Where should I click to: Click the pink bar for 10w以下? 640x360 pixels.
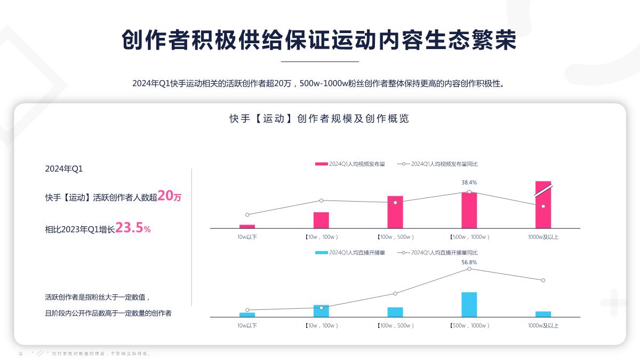tap(247, 226)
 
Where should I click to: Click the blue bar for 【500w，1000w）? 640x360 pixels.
tap(469, 305)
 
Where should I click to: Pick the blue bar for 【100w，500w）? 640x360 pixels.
tap(395, 312)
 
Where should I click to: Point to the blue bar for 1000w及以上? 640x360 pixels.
tap(543, 314)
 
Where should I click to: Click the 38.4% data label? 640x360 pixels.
tap(469, 182)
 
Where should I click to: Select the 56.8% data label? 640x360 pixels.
tap(469, 262)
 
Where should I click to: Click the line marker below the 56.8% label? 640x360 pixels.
tap(469, 269)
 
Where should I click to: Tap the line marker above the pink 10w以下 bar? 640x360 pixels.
tap(247, 214)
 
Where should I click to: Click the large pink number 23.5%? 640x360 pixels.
tap(133, 228)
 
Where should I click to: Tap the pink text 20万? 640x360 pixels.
tap(170, 196)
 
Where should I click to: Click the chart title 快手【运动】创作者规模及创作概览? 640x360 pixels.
tap(319, 119)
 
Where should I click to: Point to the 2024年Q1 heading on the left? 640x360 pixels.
tap(64, 169)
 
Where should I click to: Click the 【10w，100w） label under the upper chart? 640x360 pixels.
tap(321, 237)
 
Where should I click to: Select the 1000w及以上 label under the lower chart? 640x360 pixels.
tap(543, 325)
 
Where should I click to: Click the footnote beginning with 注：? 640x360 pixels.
tap(85, 354)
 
